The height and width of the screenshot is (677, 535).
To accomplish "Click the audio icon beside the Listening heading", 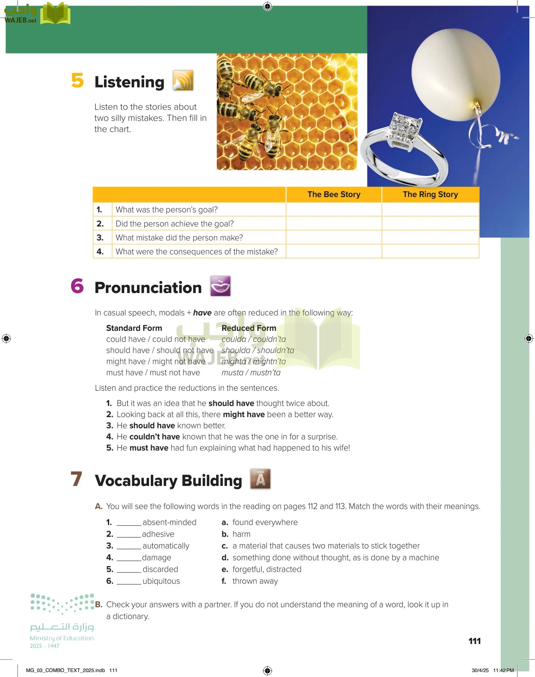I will click(x=183, y=80).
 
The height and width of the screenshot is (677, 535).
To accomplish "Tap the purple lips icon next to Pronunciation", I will click(x=220, y=286).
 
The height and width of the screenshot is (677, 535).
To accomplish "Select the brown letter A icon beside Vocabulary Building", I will click(x=261, y=479).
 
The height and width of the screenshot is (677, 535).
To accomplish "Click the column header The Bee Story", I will click(x=334, y=194).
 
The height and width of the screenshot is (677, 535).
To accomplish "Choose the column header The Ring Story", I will click(x=430, y=194).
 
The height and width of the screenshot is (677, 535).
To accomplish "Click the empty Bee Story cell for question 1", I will click(x=334, y=209).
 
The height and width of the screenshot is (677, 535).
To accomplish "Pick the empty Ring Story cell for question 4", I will click(x=430, y=251).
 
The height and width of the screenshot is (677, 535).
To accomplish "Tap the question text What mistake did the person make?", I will click(x=179, y=238).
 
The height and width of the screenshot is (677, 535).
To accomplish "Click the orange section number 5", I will click(x=78, y=80).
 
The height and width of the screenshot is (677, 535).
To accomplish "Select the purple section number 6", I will click(x=77, y=286).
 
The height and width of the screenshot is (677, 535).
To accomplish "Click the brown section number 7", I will click(x=76, y=479).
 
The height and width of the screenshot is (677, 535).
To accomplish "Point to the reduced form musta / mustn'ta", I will click(x=251, y=373).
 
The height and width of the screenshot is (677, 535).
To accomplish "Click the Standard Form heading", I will click(x=134, y=328).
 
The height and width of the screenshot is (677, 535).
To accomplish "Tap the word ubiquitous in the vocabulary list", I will click(x=161, y=581).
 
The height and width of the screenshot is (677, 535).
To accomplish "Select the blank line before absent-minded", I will click(x=129, y=523).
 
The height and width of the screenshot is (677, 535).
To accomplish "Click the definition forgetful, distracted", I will click(x=267, y=569).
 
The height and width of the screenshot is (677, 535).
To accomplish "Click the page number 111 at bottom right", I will click(x=474, y=641).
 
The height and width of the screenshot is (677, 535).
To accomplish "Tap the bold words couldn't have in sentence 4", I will click(x=154, y=437).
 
